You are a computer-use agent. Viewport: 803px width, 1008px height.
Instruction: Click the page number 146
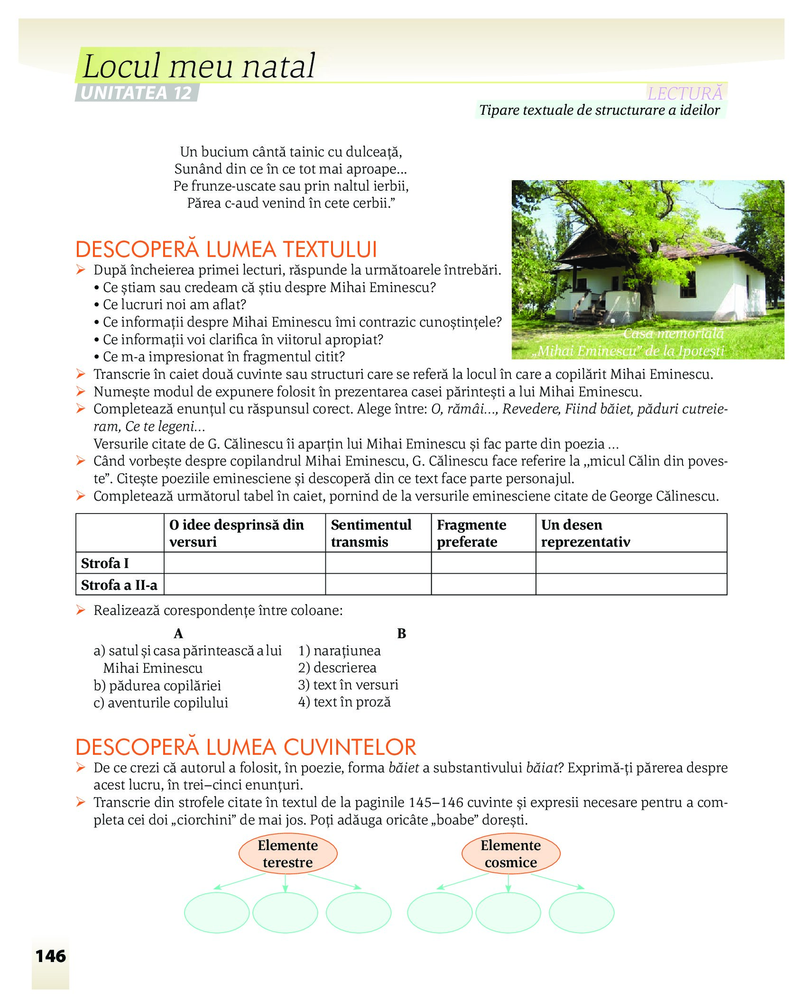pos(51,956)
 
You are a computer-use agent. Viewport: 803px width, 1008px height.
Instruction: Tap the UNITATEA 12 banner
pos(136,93)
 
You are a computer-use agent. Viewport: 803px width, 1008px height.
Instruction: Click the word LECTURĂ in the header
pos(685,93)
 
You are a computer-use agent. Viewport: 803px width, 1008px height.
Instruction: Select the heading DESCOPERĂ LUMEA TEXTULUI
pos(226,249)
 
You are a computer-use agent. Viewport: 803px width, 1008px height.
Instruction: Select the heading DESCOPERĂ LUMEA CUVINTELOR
pos(246,747)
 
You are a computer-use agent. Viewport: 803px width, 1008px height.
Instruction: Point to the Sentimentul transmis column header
pos(371,533)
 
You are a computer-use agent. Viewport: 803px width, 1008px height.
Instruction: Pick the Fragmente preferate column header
pos(471,533)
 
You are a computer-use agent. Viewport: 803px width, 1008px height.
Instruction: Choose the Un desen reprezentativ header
pos(586,533)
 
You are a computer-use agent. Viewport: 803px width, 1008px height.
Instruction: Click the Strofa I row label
pos(105,563)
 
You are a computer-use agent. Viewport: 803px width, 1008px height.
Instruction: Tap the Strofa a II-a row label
pos(119,585)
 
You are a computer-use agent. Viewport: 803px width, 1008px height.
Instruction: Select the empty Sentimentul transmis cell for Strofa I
pos(378,563)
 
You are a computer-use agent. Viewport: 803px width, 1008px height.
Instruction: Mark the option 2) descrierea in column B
pos(337,668)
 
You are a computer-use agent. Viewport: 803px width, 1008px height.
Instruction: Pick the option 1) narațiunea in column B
pos(340,651)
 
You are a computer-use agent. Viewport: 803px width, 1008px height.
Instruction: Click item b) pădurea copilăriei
pos(157,686)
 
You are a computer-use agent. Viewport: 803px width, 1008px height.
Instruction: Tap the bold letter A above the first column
pos(178,633)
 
